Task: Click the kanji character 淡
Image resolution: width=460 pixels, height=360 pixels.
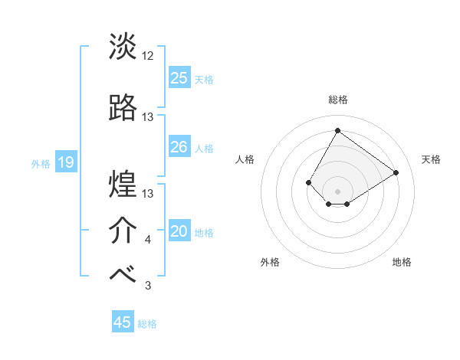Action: click(123, 47)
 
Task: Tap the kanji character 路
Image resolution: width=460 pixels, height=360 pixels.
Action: click(123, 108)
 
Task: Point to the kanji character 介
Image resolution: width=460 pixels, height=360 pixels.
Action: click(123, 230)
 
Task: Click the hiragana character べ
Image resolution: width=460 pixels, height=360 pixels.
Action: click(123, 276)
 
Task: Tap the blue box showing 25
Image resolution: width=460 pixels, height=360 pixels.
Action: click(179, 77)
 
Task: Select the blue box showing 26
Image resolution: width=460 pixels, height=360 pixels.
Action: click(179, 147)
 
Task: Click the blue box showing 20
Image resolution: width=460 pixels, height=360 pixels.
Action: click(179, 231)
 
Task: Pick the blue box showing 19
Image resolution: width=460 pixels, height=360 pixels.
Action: click(65, 162)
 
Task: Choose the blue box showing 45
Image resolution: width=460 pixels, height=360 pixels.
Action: click(123, 322)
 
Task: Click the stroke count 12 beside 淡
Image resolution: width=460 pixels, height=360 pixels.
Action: click(148, 56)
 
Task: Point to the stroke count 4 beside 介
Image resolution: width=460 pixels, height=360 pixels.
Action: click(147, 240)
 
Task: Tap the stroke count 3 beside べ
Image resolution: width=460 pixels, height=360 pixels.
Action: click(147, 286)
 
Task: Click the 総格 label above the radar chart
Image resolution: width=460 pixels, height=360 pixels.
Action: click(337, 100)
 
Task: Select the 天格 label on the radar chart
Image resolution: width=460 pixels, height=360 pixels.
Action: click(431, 159)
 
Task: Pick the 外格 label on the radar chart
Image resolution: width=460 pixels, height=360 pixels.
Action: click(270, 262)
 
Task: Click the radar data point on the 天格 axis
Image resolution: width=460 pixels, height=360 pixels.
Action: click(396, 172)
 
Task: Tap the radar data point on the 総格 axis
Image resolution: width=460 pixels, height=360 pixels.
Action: click(337, 130)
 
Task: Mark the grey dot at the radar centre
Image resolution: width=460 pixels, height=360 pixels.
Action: click(337, 191)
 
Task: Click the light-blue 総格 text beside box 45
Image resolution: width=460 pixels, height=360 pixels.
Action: click(147, 324)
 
